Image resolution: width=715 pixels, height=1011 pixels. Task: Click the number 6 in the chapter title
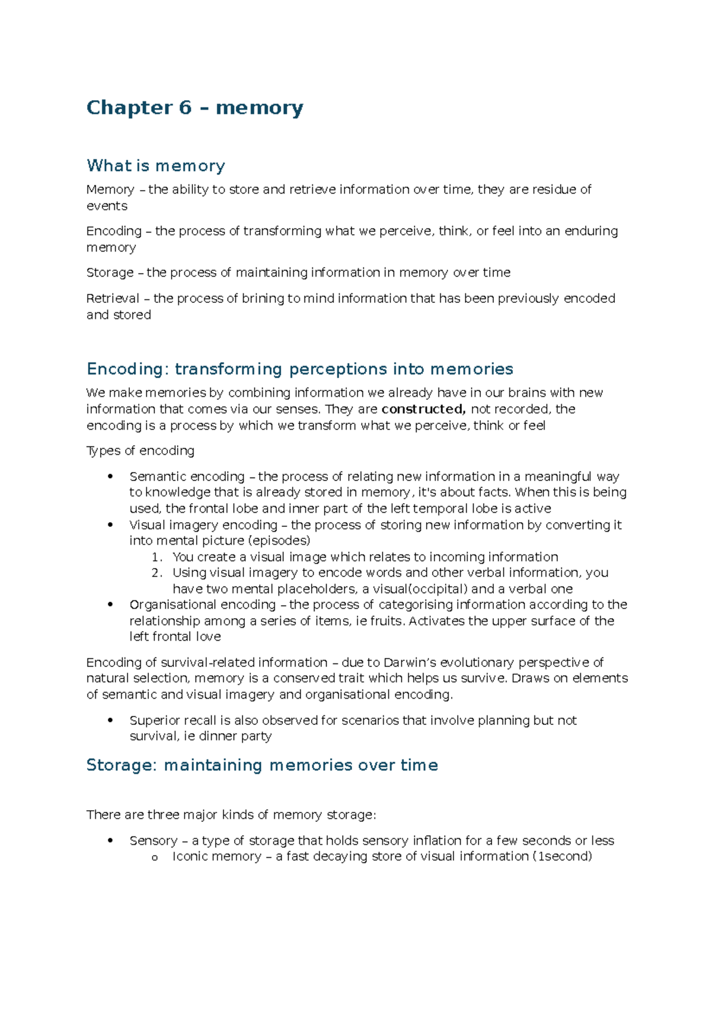coord(185,108)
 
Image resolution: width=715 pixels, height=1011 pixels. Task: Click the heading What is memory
coord(156,166)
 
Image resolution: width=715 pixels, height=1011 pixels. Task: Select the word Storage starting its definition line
coord(110,272)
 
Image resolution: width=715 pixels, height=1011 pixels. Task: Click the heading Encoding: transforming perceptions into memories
coord(300,369)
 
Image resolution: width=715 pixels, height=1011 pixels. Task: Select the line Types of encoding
coord(140,451)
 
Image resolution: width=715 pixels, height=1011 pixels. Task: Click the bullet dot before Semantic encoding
coord(110,476)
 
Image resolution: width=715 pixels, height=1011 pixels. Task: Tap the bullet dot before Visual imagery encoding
coord(110,525)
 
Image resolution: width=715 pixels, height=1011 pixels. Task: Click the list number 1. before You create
coord(157,557)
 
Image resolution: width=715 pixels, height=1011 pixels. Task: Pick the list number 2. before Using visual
coord(157,573)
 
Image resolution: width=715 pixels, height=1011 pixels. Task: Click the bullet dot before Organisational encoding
coord(110,604)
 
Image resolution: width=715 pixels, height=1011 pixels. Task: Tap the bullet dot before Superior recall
coord(110,720)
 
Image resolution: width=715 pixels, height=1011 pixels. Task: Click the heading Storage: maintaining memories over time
coord(262,765)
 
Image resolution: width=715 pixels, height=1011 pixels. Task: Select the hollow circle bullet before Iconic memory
coord(155,858)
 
